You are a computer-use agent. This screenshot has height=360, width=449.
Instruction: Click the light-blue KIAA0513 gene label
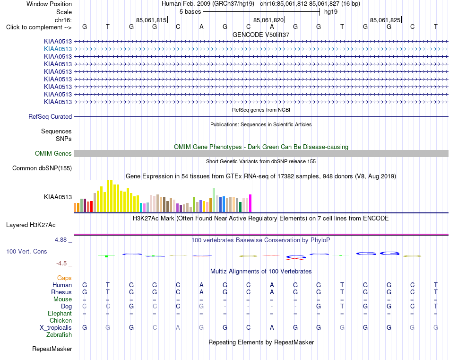point(58,49)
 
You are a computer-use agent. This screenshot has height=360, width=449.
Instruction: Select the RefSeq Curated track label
point(50,117)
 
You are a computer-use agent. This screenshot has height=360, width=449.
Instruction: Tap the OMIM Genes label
point(53,154)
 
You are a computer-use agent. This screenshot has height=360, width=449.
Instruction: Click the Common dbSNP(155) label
point(42,168)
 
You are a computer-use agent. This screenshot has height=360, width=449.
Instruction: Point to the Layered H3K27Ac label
point(31,225)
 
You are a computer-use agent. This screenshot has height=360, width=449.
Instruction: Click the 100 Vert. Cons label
point(26,251)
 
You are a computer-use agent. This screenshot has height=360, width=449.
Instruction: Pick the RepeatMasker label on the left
point(52,349)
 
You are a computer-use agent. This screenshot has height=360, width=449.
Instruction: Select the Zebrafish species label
point(59,335)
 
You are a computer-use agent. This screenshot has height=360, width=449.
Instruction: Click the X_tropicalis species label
point(56,328)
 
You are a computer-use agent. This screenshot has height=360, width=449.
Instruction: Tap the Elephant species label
point(60,313)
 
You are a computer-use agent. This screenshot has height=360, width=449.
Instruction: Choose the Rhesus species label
point(61,292)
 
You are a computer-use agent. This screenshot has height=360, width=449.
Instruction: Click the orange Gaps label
point(64,278)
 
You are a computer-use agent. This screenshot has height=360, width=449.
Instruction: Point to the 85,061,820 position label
point(268,20)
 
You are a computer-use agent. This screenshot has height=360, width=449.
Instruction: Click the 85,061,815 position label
point(151,20)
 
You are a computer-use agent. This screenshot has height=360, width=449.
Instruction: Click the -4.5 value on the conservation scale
point(61,263)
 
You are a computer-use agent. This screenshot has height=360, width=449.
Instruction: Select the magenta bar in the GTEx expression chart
point(250,203)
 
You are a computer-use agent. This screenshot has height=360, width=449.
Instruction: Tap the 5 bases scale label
point(190,12)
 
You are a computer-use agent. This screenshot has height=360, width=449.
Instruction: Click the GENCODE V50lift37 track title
point(261,35)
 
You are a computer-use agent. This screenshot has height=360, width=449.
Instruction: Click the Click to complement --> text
point(39,27)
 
